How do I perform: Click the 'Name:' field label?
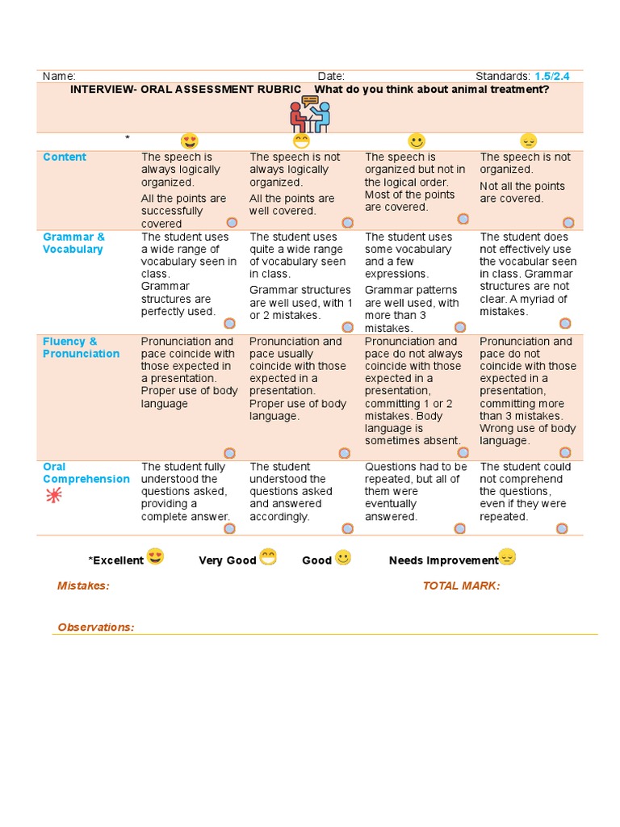[59, 76]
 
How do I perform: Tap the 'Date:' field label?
[331, 76]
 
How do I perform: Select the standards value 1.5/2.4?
[552, 76]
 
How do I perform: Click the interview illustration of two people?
[310, 114]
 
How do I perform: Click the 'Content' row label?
[65, 157]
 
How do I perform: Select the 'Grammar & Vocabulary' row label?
[73, 243]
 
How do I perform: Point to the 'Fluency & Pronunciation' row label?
[81, 347]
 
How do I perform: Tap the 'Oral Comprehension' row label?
[86, 472]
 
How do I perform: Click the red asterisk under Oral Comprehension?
[54, 496]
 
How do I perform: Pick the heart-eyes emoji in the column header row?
[189, 141]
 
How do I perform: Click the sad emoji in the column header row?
[528, 141]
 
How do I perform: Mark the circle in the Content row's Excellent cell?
[232, 221]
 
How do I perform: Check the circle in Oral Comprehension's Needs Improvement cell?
[562, 528]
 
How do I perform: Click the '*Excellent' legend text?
[115, 560]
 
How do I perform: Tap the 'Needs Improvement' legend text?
[443, 560]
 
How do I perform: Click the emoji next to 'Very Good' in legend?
[268, 557]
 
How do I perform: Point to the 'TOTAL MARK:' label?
[461, 586]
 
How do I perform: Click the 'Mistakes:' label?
[83, 586]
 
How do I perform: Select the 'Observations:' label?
[96, 627]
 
